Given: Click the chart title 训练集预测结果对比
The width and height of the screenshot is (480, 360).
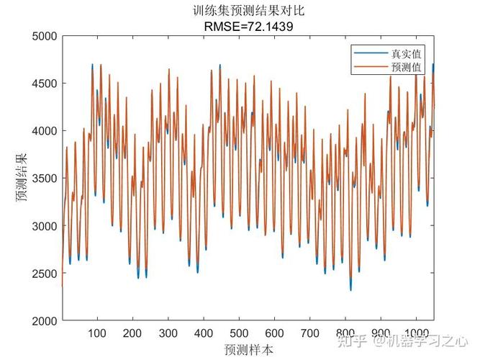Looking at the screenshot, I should click(248, 12).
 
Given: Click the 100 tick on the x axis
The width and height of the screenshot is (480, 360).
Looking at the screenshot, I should click(96, 333).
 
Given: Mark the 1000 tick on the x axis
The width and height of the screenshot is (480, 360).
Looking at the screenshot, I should click(417, 333).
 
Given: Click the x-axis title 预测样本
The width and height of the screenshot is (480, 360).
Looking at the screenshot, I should click(248, 349).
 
